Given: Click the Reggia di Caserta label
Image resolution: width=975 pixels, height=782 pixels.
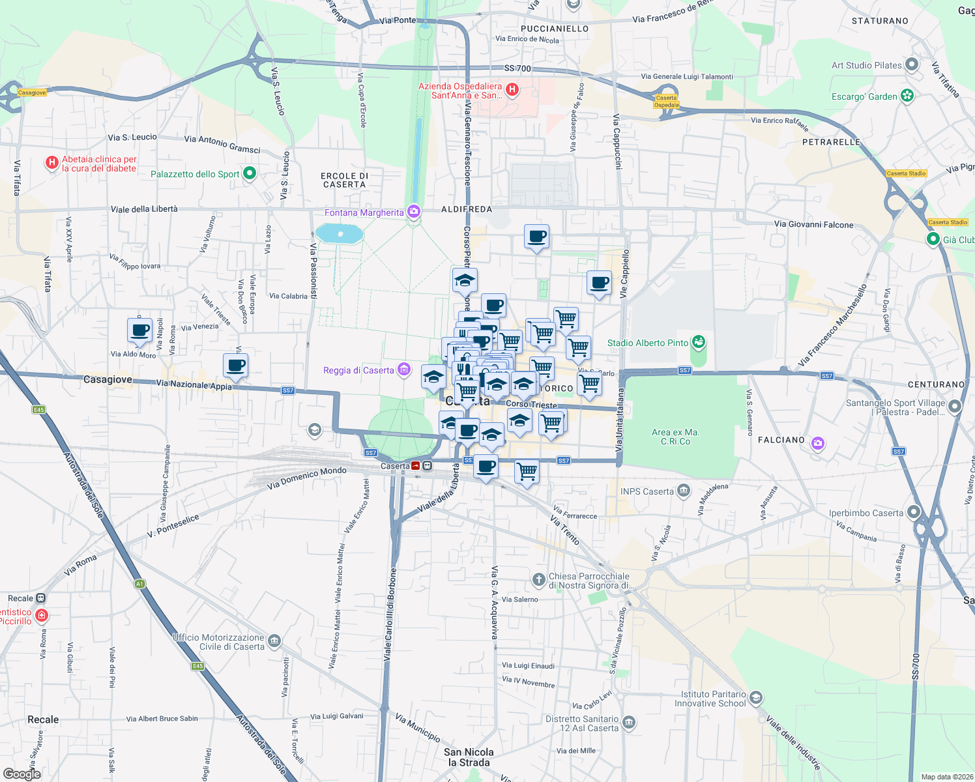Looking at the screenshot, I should pos(358,370).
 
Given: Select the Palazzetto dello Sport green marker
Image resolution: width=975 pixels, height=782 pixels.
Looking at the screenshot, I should pos(249,173).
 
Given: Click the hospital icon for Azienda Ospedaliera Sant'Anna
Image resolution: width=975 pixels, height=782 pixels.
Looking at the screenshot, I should pos(512,90).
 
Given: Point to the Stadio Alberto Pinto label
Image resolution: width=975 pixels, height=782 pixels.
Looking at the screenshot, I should pos(647,343).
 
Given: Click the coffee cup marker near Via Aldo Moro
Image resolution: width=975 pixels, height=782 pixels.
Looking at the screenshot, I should pos(139,330).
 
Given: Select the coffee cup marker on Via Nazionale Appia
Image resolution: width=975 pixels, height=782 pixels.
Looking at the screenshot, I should pos(235,366).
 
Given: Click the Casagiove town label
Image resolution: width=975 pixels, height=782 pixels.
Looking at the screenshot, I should pos(108,379).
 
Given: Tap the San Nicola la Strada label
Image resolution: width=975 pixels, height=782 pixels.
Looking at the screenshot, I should pos(469,757).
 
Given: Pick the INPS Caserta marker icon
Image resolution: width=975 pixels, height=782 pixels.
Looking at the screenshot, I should pos(683,491).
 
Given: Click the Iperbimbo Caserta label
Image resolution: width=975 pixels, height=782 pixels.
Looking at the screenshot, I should pos(866,513).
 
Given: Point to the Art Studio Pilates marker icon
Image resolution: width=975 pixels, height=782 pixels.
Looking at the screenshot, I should pos(912,65).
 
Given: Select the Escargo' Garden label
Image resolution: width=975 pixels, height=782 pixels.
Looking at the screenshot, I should pos(864,96).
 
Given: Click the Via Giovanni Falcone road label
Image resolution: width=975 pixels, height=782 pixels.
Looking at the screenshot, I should pos(813,224).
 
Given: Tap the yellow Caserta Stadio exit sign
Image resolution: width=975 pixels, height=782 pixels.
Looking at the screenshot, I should pos(906,173).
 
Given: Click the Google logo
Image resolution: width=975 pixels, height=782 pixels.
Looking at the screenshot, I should pos(22,774).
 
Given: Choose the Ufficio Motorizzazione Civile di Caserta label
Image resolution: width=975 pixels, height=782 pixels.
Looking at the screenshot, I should pos(218,642).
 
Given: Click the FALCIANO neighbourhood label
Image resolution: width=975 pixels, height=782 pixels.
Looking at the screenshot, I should pos(781,440).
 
